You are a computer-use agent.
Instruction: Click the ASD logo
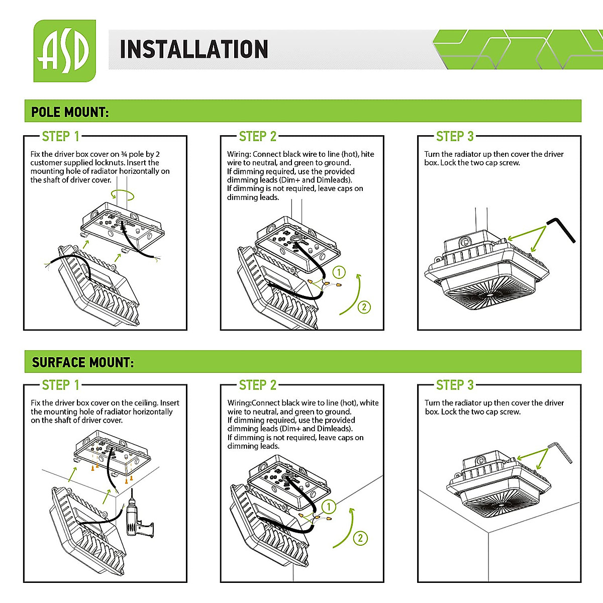[x=64, y=51]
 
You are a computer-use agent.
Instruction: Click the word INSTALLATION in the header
[x=193, y=50]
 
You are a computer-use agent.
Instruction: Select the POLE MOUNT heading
[x=70, y=112]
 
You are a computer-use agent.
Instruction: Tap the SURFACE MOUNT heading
[x=83, y=362]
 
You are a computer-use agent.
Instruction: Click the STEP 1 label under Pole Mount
[x=60, y=136]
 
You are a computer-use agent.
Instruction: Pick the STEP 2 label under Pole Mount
[x=257, y=136]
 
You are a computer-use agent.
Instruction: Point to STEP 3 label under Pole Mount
[x=455, y=136]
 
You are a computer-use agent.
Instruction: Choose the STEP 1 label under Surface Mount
[x=60, y=385]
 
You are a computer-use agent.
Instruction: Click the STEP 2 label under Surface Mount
[x=257, y=385]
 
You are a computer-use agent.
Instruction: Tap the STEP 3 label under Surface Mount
[x=455, y=385]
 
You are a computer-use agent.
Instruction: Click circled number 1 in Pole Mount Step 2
[x=339, y=272]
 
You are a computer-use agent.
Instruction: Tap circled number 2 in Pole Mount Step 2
[x=364, y=307]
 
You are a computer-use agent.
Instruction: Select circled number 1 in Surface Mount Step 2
[x=329, y=507]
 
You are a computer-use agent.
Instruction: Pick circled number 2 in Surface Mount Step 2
[x=360, y=538]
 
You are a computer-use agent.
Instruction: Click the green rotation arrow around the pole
[x=123, y=195]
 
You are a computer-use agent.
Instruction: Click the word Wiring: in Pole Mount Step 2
[x=239, y=154]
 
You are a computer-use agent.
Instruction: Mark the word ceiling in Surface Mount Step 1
[x=147, y=403]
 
